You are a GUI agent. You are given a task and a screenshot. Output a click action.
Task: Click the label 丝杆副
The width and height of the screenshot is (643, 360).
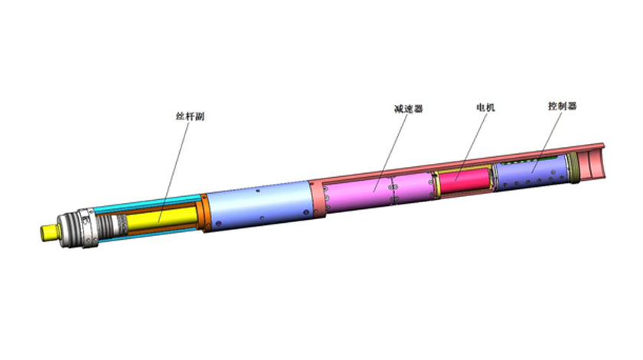tap(190, 116)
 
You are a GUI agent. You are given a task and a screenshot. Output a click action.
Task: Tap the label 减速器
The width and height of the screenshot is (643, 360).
tap(408, 109)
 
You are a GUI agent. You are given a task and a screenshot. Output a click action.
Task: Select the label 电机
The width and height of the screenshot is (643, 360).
tap(485, 107)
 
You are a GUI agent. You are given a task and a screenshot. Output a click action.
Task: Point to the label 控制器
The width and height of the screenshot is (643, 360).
tap(562, 106)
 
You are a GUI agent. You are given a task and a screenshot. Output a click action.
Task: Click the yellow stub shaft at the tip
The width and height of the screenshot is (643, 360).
tap(48, 232)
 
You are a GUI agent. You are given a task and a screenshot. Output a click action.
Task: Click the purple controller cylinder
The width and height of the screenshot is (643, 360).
tap(531, 172)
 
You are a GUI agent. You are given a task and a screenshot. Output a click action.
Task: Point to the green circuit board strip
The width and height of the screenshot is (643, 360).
tap(531, 160)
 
